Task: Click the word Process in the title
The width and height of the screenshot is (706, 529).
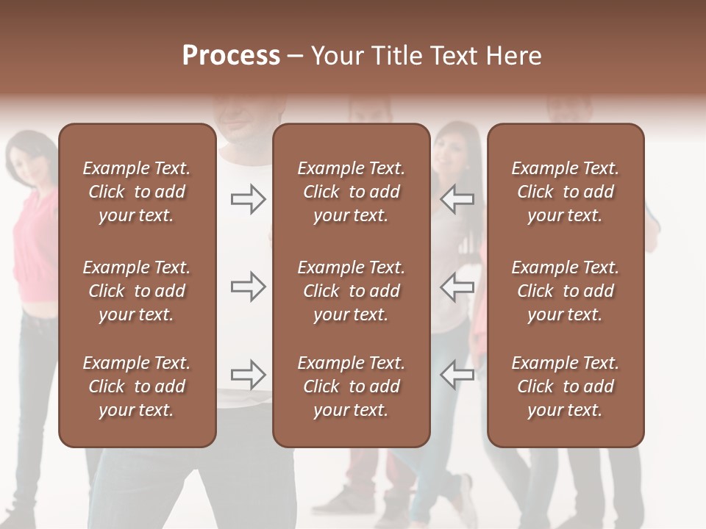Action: tap(231, 55)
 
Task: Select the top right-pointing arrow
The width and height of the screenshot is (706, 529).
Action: tap(249, 198)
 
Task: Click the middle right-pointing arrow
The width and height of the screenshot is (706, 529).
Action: tap(249, 287)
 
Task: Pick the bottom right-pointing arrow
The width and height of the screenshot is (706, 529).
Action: tap(249, 375)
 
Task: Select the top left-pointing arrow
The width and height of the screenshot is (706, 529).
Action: tap(457, 198)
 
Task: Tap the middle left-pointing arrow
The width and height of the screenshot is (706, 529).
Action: tap(457, 287)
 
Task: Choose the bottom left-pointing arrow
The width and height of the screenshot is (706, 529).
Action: tap(457, 375)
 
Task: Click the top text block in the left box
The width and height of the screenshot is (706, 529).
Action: tap(137, 192)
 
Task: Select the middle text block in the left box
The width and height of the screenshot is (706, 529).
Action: tap(137, 291)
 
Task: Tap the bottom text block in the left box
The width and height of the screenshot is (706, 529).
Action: tap(137, 386)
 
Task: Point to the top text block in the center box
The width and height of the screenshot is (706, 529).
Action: tap(352, 192)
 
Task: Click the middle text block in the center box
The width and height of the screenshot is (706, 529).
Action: tap(352, 291)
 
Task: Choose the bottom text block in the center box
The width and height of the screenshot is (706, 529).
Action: tap(352, 386)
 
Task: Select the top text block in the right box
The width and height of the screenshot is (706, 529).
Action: tap(566, 192)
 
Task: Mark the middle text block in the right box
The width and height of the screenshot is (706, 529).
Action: tap(566, 291)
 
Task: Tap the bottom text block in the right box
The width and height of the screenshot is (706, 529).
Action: tap(566, 386)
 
